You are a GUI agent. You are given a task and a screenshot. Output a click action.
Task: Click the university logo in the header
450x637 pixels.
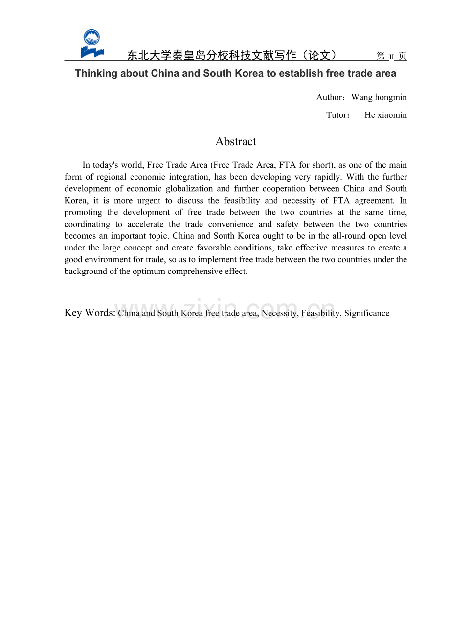(92, 44)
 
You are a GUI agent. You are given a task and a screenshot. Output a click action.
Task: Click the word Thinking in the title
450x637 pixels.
(96, 73)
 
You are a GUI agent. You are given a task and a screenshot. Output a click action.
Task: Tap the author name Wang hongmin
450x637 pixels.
(379, 97)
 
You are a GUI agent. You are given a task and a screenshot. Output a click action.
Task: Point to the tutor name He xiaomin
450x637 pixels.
(385, 115)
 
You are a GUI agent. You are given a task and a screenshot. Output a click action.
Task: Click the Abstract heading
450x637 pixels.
(236, 142)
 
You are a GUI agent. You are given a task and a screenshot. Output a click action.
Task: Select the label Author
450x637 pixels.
(330, 97)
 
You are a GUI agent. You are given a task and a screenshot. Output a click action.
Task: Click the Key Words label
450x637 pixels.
(90, 313)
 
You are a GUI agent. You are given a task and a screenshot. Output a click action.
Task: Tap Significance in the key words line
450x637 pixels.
(367, 313)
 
